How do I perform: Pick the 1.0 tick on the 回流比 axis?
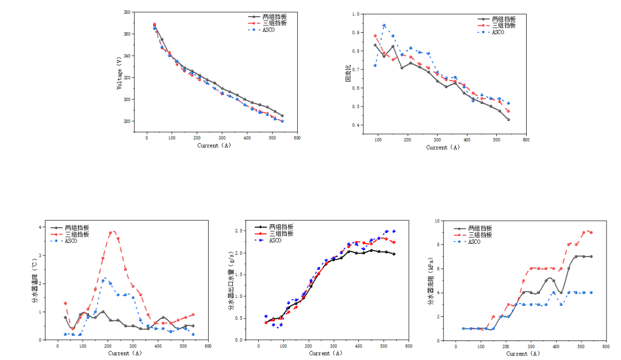click(356, 14)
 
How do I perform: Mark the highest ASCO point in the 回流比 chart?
click(384, 25)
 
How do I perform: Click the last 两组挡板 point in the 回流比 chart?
click(508, 120)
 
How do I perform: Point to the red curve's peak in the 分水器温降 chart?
click(113, 232)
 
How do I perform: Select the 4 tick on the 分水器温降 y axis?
click(40, 227)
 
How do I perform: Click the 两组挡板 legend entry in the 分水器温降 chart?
click(76, 228)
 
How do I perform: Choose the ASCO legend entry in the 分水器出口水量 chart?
click(275, 240)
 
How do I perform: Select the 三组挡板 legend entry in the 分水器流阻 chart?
click(480, 235)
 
